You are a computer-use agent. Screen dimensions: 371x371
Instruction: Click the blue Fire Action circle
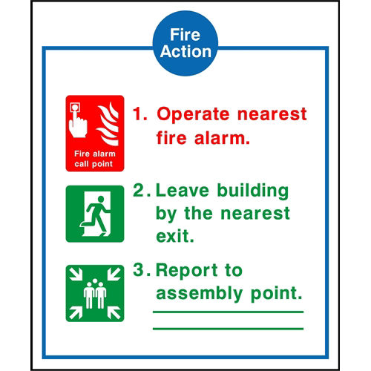pos(185,43)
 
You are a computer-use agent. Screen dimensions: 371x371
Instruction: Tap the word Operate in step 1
pos(193,114)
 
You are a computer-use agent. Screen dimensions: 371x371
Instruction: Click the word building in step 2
pos(253,191)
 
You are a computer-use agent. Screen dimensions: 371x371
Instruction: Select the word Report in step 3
pos(187,271)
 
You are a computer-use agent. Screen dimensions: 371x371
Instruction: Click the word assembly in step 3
pos(200,294)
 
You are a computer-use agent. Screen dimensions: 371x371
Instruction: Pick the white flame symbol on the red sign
pos(108,124)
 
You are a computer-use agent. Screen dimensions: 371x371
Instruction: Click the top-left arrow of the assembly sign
pos(76,275)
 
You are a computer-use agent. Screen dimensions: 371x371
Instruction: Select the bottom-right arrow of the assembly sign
pos(114,312)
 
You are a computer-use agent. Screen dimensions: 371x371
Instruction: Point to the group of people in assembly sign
pos(95,294)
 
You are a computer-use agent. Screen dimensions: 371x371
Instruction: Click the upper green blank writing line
pos(228,312)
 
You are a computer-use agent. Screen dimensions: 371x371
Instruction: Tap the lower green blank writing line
pos(228,329)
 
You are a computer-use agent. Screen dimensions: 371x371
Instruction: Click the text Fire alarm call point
pos(95,159)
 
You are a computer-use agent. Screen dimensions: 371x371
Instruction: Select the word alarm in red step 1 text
pos(222,138)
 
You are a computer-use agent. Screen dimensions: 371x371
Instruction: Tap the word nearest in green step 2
pos(255,213)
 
